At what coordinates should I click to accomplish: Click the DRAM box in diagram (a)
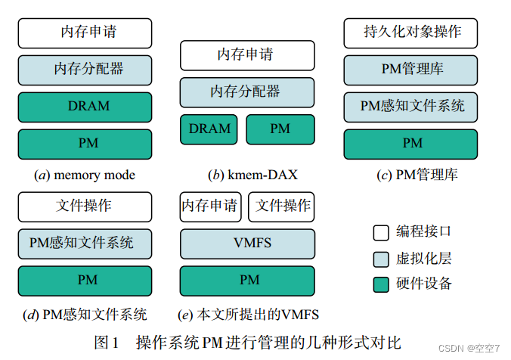(85, 107)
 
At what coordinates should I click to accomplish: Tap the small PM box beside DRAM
(280, 129)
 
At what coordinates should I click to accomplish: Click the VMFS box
(247, 244)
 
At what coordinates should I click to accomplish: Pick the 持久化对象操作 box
(411, 33)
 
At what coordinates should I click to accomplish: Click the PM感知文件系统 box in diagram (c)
(411, 107)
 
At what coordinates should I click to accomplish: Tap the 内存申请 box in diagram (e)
(209, 206)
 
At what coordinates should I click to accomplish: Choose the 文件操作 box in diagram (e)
(281, 206)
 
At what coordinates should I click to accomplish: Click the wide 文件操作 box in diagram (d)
(85, 206)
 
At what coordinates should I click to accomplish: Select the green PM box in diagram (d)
(85, 281)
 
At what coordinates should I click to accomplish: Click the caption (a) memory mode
(85, 175)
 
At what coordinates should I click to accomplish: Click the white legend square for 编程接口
(381, 232)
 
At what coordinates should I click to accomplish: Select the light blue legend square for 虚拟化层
(381, 259)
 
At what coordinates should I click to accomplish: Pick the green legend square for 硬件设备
(381, 284)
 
